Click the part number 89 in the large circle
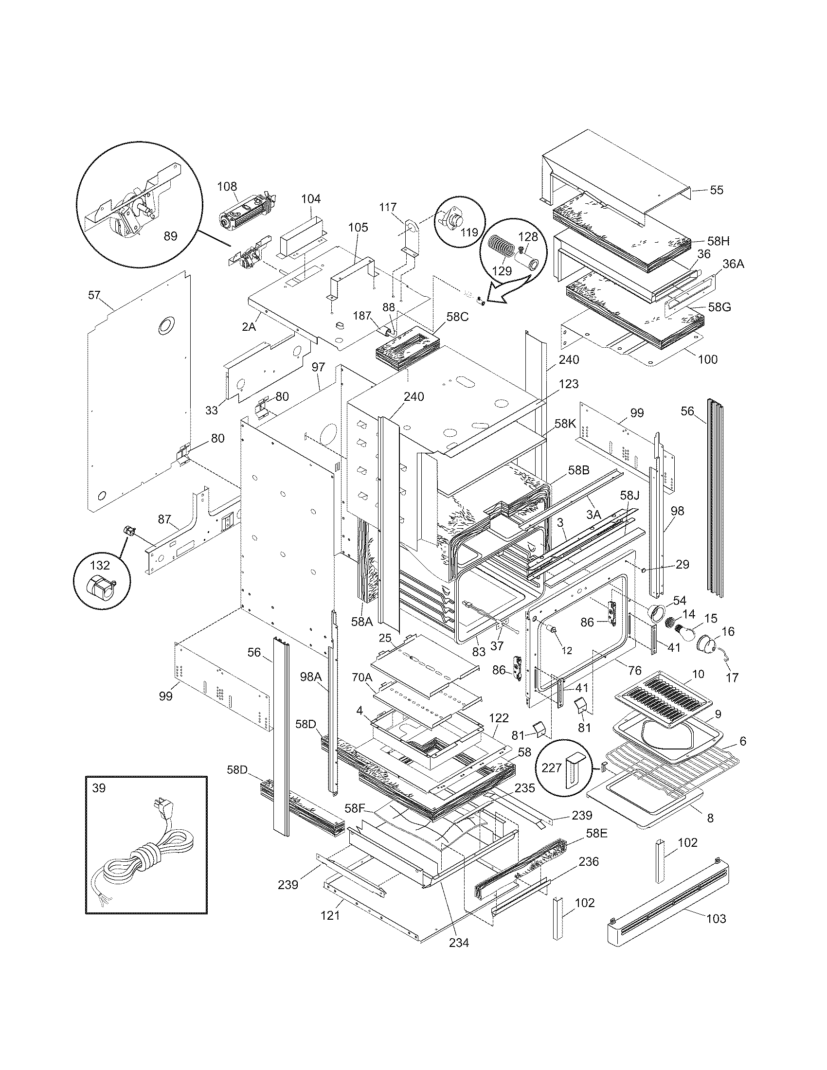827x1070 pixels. click(x=170, y=236)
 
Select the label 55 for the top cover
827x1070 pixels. click(x=716, y=190)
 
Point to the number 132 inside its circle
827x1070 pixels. click(x=99, y=565)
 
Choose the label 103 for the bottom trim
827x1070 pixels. click(x=716, y=919)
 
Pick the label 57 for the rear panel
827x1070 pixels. click(x=94, y=295)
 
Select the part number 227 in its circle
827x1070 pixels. click(x=552, y=767)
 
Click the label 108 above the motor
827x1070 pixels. click(x=227, y=186)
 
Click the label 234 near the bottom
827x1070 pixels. click(x=459, y=942)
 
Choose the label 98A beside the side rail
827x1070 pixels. click(x=311, y=677)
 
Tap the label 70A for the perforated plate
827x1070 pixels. click(x=362, y=678)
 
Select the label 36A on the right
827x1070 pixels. click(x=733, y=264)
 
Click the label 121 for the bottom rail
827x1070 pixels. click(x=330, y=915)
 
